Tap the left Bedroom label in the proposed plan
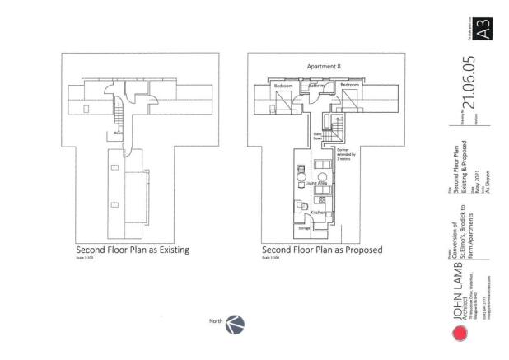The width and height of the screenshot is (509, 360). click(284, 86)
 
